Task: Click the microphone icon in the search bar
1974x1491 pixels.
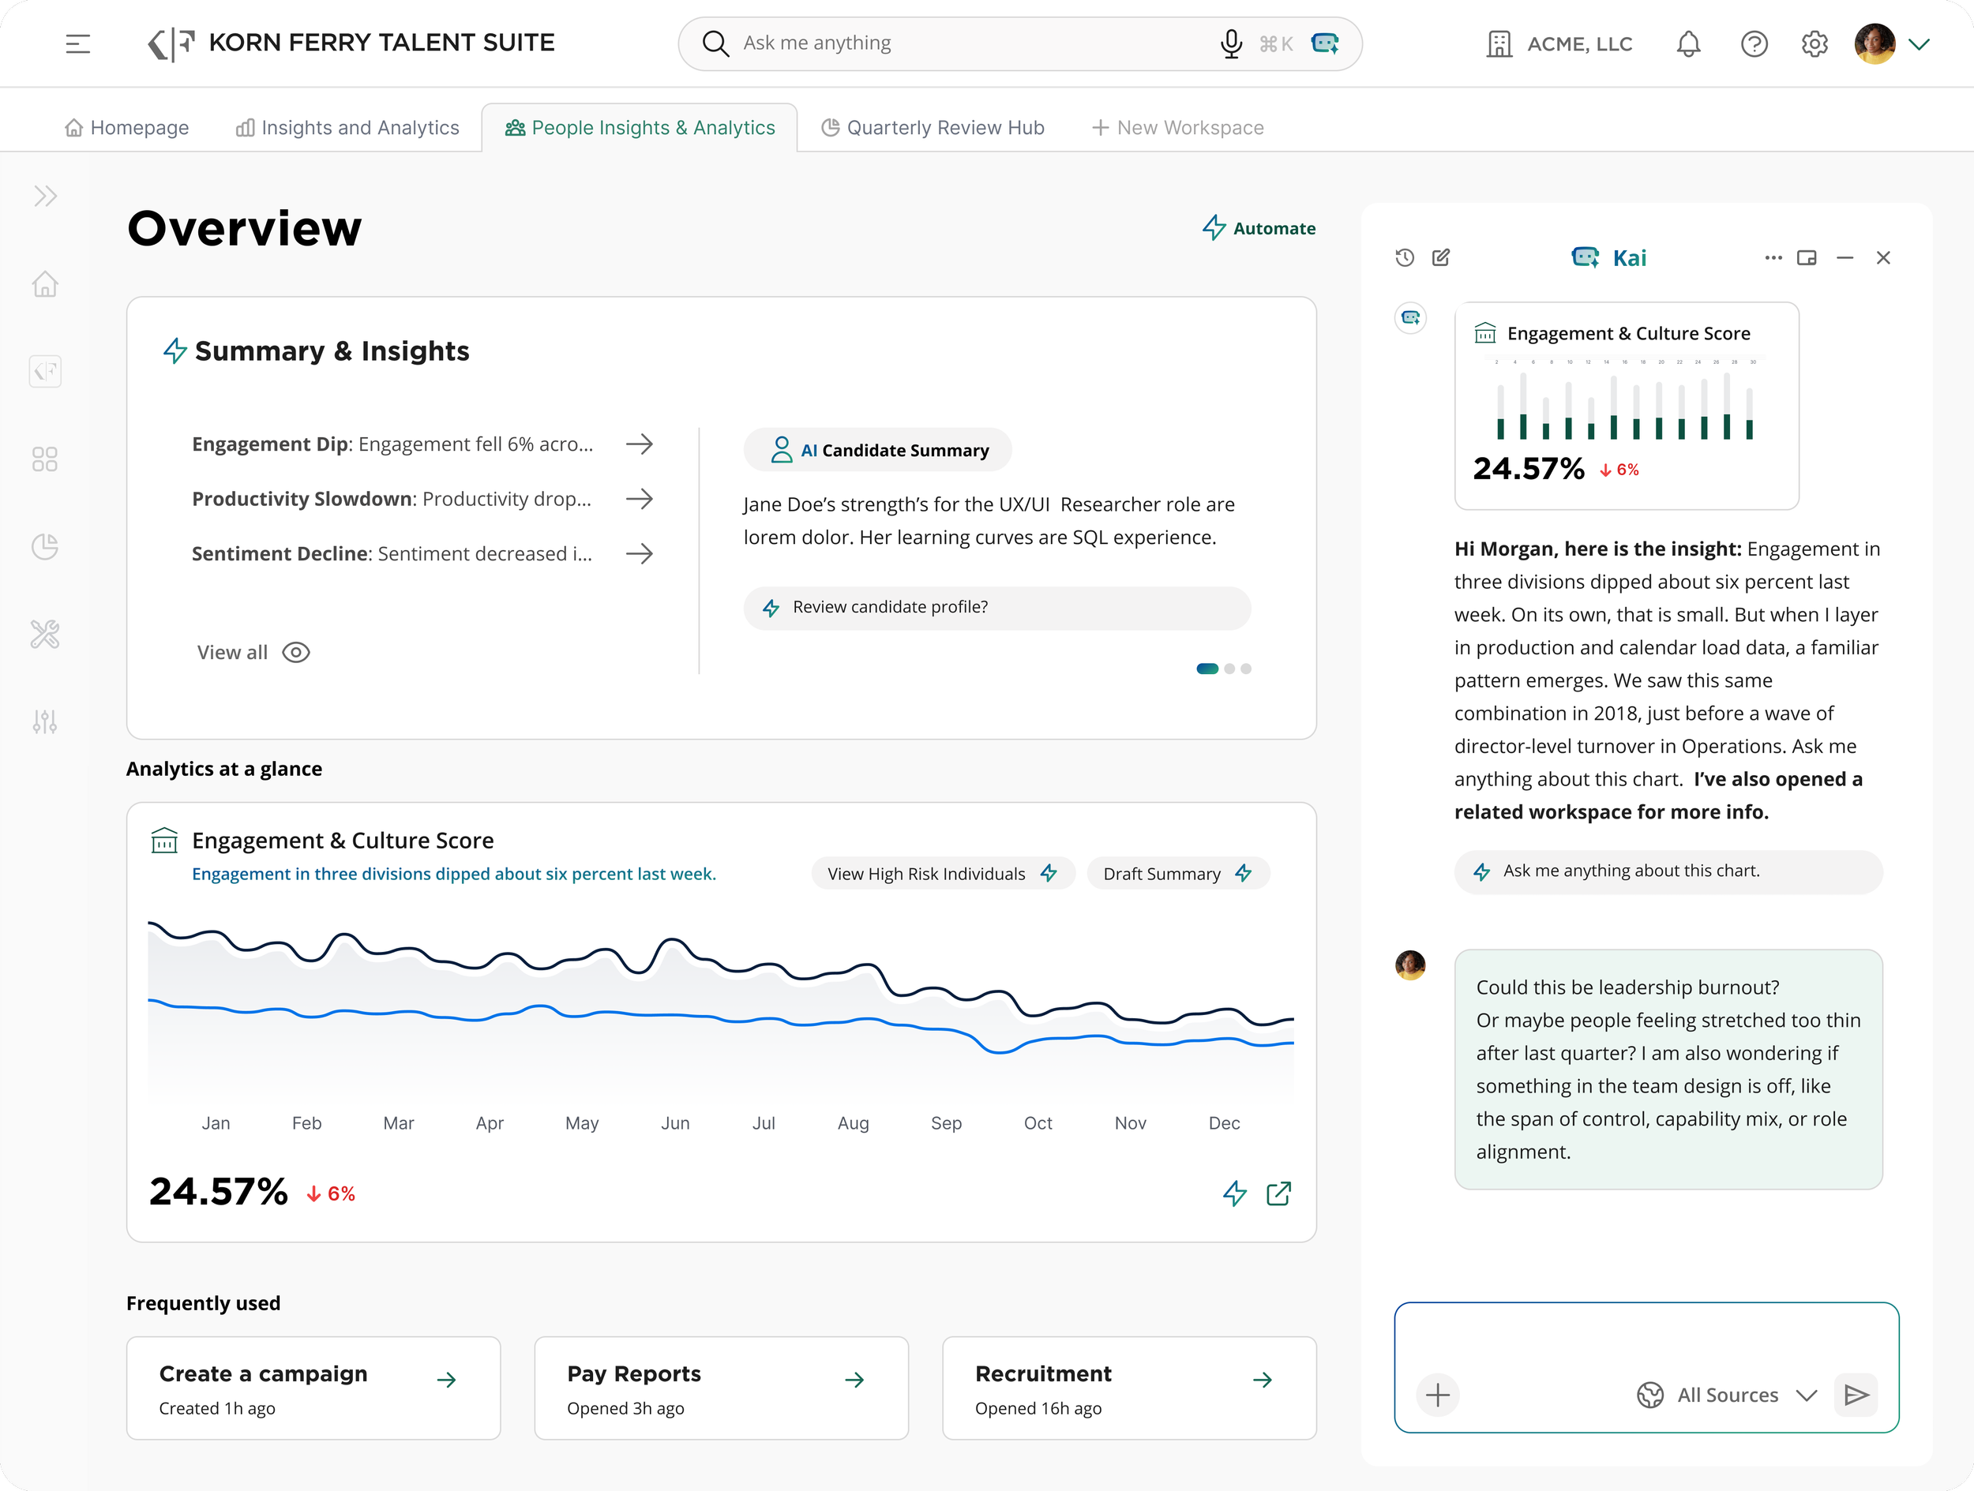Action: point(1231,43)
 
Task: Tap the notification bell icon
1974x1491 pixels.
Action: point(1687,43)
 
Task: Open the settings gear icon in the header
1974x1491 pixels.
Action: point(1815,43)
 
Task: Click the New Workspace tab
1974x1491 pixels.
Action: point(1178,128)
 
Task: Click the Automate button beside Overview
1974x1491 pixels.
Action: point(1259,228)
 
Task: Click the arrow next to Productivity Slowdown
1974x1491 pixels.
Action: point(639,499)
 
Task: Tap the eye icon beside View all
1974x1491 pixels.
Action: point(295,652)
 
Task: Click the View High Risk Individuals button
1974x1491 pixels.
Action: point(941,874)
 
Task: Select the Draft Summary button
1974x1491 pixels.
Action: point(1177,874)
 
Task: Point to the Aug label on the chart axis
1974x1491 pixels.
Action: point(852,1123)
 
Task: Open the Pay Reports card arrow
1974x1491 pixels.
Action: point(854,1380)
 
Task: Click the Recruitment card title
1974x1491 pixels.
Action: point(1042,1374)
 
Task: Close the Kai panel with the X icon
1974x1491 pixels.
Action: point(1883,258)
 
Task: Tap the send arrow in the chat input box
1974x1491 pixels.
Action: point(1856,1395)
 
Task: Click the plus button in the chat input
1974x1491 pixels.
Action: point(1437,1395)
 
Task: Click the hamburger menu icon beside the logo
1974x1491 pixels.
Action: point(77,43)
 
